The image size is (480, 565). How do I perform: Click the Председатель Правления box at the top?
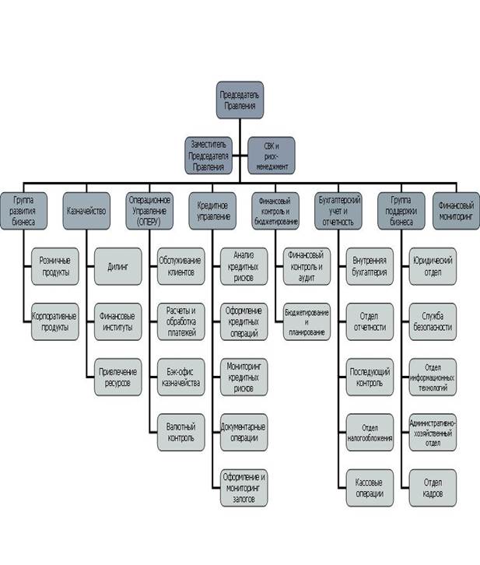tap(240, 100)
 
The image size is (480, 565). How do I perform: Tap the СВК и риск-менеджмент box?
tap(268, 155)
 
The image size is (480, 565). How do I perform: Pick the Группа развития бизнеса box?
tap(23, 210)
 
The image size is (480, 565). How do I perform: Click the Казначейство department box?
tap(86, 210)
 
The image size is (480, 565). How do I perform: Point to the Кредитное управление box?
tap(212, 210)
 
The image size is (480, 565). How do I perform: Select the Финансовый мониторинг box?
tap(456, 210)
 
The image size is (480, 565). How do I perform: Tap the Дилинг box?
tap(117, 266)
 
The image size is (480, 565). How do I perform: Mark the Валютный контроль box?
tap(181, 432)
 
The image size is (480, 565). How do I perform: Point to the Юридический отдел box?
tap(433, 266)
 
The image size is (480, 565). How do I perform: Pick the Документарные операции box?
tap(244, 432)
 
